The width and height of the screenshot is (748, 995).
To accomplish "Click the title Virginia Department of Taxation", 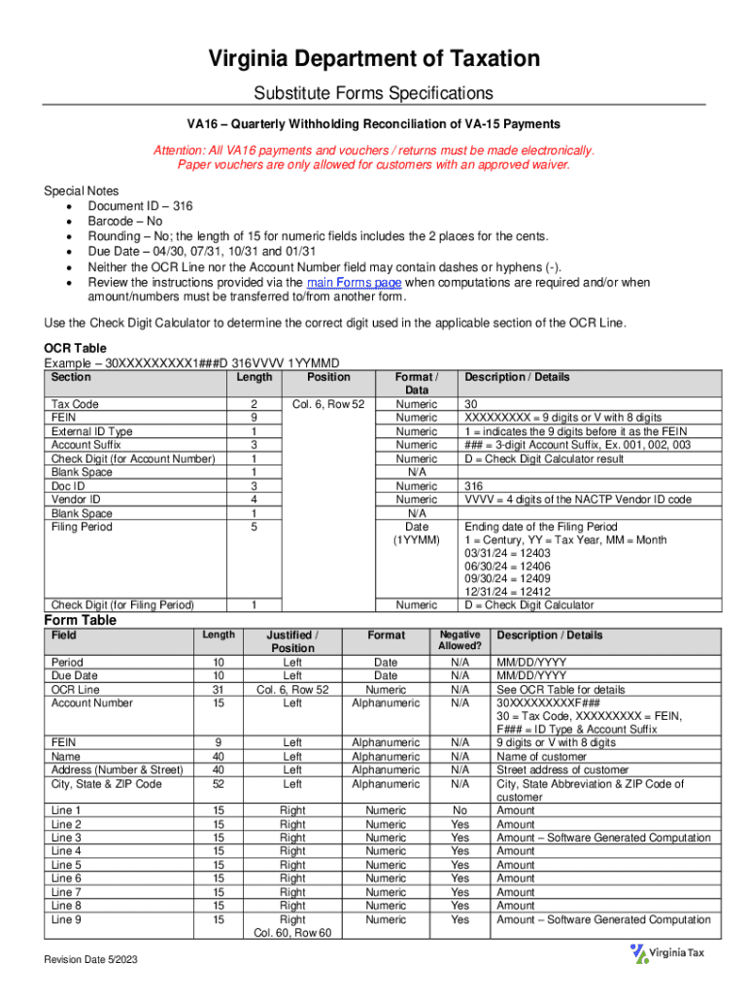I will point(374,59).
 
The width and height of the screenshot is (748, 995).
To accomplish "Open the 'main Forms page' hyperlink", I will point(354,282).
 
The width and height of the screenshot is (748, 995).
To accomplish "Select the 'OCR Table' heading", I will point(75,348).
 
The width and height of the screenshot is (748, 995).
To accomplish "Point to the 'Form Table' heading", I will point(81,620).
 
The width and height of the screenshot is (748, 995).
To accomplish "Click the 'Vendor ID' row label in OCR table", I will point(76,499).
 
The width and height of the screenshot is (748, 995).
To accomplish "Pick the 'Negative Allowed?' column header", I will point(459,640).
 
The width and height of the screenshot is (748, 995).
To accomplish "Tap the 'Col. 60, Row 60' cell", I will point(292,933).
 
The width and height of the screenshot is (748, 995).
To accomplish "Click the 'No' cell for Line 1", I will point(459,810).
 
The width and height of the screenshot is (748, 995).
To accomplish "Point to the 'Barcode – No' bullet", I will point(125,221).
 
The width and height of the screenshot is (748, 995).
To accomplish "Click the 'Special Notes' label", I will point(82,190).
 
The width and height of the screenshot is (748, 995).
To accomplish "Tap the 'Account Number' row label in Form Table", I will point(93,703).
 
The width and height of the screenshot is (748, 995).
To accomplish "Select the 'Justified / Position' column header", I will point(292,640).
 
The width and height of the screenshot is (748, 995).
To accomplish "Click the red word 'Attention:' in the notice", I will point(181,151).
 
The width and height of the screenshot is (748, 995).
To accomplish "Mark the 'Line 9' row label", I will point(66,919).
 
